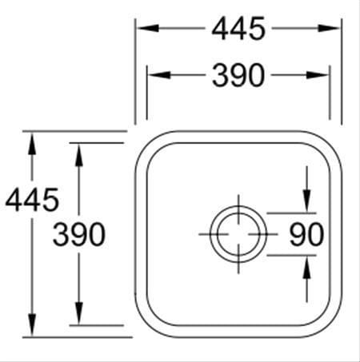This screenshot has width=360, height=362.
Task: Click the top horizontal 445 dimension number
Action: pyautogui.click(x=238, y=28)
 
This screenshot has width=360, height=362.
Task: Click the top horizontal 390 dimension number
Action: pyautogui.click(x=238, y=75)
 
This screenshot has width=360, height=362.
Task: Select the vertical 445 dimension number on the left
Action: pyautogui.click(x=32, y=200)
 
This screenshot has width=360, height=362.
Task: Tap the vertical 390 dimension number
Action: pyautogui.click(x=79, y=235)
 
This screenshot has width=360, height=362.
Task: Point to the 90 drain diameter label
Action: pyautogui.click(x=306, y=235)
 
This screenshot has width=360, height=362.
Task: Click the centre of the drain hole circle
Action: pyautogui.click(x=238, y=234)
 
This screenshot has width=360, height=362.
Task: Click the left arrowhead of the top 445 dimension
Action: pyautogui.click(x=148, y=28)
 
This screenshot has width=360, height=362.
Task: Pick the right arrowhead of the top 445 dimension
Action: pyautogui.click(x=329, y=28)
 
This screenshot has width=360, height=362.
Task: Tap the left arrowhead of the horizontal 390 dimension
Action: pyautogui.click(x=159, y=75)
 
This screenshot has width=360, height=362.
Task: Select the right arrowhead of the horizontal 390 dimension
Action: pyautogui.click(x=318, y=75)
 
